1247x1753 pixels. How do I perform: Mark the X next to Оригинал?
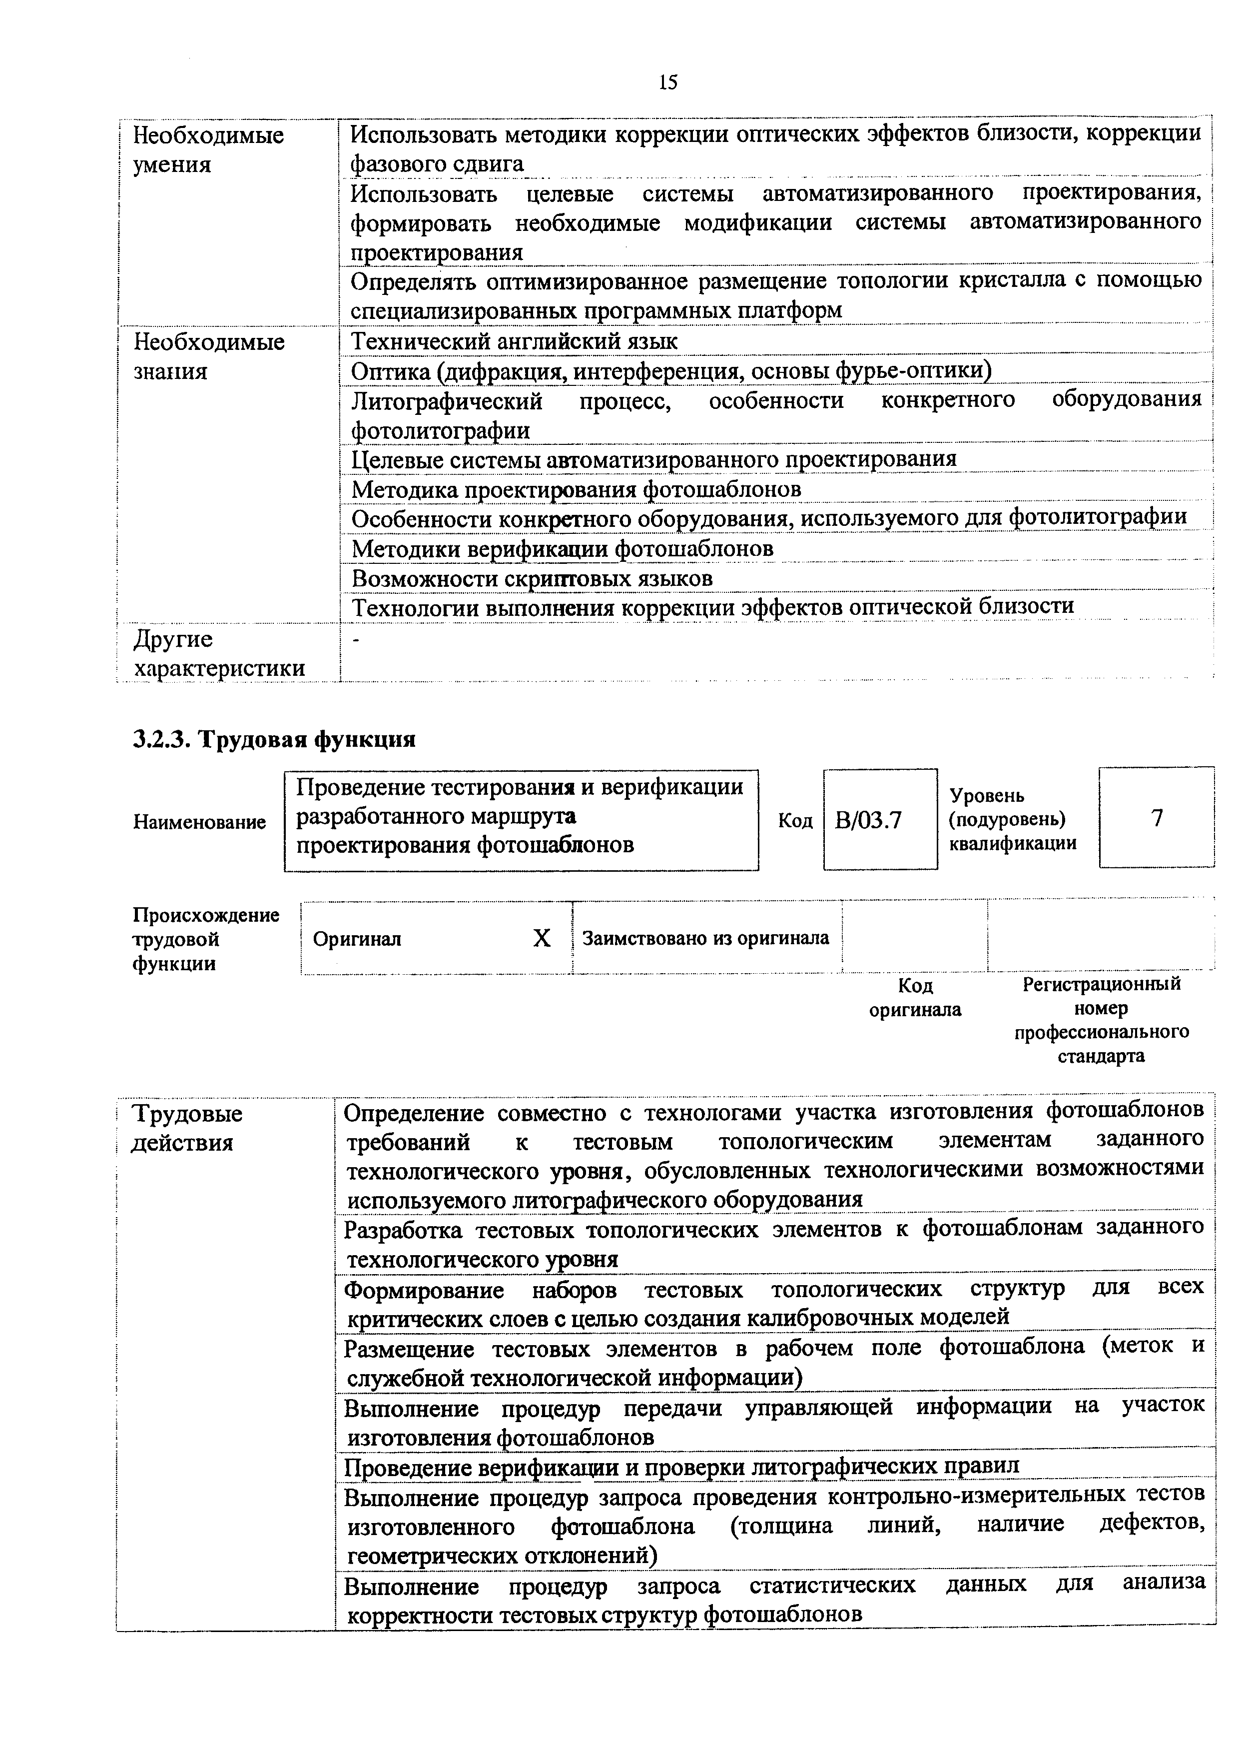542,938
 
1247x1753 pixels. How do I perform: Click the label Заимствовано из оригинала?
705,938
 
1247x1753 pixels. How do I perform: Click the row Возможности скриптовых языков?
532,578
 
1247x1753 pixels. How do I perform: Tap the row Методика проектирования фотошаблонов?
576,489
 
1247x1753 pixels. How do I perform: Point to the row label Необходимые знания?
208,356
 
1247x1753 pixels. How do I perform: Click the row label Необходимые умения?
208,150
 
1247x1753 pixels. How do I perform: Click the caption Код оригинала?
915,997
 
